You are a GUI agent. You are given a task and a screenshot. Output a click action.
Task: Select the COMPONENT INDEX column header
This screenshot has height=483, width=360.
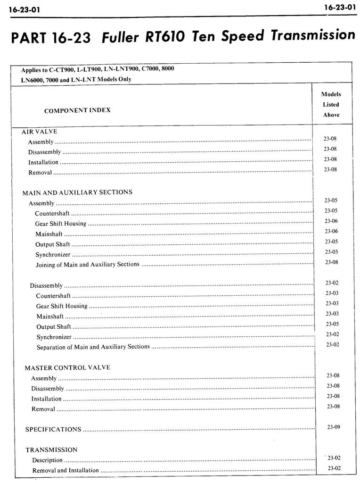pos(77,110)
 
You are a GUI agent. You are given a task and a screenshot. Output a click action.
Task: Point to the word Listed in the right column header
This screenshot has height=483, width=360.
pos(331,104)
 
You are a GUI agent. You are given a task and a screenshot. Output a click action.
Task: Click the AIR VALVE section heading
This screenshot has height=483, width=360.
pos(40,132)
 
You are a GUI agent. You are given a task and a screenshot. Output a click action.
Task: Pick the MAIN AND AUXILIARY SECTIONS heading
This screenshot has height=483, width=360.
pos(77,192)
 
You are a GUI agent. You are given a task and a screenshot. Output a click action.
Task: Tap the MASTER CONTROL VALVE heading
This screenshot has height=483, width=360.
pos(67,367)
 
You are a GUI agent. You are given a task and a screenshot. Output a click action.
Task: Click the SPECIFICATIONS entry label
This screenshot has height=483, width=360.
pos(53,429)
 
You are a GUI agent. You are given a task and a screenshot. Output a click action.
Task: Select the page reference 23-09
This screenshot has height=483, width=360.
pos(334,427)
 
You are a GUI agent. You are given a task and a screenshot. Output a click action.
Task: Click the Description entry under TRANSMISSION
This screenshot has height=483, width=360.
pos(47,460)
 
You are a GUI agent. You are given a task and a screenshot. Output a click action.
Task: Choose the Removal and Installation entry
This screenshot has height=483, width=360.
pos(65,470)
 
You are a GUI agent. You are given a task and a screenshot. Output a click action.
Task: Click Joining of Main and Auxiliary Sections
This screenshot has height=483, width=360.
pos(87,264)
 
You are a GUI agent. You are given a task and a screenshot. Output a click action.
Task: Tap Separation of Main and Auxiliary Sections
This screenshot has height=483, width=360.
pos(93,347)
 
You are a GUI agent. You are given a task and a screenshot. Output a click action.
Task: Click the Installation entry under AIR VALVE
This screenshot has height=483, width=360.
pos(43,162)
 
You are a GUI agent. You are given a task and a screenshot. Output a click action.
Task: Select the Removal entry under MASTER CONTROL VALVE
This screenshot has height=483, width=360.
pos(43,409)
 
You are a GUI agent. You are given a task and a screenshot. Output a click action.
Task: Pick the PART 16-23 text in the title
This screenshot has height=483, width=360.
pos(50,38)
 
